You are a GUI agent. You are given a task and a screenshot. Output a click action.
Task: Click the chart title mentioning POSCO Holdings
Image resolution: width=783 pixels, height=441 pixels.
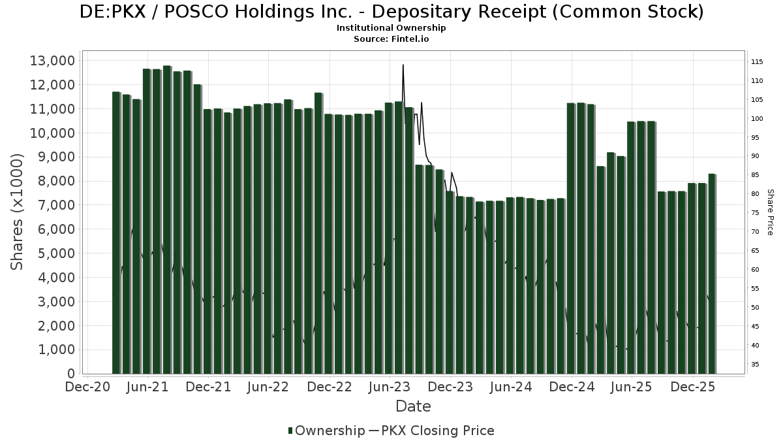pyautogui.click(x=391, y=12)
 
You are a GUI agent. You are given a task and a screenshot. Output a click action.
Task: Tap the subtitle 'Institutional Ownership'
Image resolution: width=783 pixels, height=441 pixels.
pyautogui.click(x=391, y=28)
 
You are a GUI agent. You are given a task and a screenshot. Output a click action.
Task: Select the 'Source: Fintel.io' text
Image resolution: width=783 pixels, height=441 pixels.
pyautogui.click(x=391, y=39)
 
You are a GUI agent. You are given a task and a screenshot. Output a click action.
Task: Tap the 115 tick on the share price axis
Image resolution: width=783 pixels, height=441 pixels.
pyautogui.click(x=757, y=62)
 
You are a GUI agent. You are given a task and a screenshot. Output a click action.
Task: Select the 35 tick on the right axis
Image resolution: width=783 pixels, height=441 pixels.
pyautogui.click(x=756, y=365)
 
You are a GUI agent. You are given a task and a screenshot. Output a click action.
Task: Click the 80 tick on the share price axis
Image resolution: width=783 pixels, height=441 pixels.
pyautogui.click(x=756, y=194)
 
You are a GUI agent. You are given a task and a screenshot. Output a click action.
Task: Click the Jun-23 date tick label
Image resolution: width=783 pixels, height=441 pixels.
pyautogui.click(x=390, y=387)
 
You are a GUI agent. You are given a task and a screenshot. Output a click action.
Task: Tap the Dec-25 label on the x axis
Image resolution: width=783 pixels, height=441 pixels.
pyautogui.click(x=692, y=387)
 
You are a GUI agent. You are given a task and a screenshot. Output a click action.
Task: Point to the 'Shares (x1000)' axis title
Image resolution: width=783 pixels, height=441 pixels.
pyautogui.click(x=18, y=212)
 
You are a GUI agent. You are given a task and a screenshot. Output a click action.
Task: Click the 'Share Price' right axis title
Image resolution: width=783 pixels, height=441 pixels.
pyautogui.click(x=770, y=212)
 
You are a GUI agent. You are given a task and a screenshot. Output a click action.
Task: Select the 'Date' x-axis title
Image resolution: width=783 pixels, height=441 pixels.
pyautogui.click(x=413, y=406)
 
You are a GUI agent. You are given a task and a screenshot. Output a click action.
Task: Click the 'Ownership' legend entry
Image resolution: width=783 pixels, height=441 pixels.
pyautogui.click(x=326, y=431)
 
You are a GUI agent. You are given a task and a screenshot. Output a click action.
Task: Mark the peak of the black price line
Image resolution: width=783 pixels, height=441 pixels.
pyautogui.click(x=403, y=65)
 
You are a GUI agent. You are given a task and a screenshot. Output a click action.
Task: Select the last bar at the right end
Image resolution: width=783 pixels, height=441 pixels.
pyautogui.click(x=712, y=274)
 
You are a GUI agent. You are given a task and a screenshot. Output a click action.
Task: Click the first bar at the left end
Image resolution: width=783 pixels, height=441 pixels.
pyautogui.click(x=116, y=233)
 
